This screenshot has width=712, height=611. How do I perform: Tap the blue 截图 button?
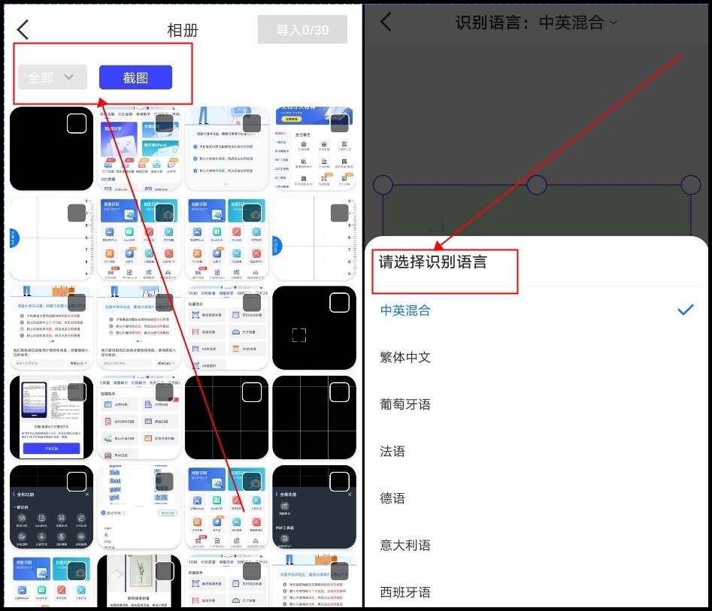pos(135,77)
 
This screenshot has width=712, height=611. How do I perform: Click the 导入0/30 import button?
pos(302,30)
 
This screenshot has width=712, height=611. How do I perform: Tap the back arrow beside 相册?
pos(23,30)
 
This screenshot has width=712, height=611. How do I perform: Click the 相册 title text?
pos(183,31)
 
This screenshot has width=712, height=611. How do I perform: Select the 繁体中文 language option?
pos(405,357)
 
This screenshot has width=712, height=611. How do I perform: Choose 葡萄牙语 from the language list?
pos(405,404)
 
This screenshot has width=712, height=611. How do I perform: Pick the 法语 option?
pos(392,452)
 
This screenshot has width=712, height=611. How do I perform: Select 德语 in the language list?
pos(392,498)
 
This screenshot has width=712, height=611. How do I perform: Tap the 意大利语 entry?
pos(405,546)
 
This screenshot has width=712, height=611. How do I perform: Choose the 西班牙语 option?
pos(405,592)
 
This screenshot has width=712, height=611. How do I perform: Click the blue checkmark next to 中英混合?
pos(685,310)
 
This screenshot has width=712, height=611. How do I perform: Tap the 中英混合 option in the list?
pos(405,310)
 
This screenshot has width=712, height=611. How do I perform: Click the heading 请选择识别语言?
pos(432,262)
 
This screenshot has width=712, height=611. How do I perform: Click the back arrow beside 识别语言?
pos(386,22)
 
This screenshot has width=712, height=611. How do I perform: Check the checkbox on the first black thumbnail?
pos(77,124)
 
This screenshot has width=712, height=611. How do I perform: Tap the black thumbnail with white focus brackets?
pos(314,328)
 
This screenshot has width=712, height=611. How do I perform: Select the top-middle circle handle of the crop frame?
pos(536,185)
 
